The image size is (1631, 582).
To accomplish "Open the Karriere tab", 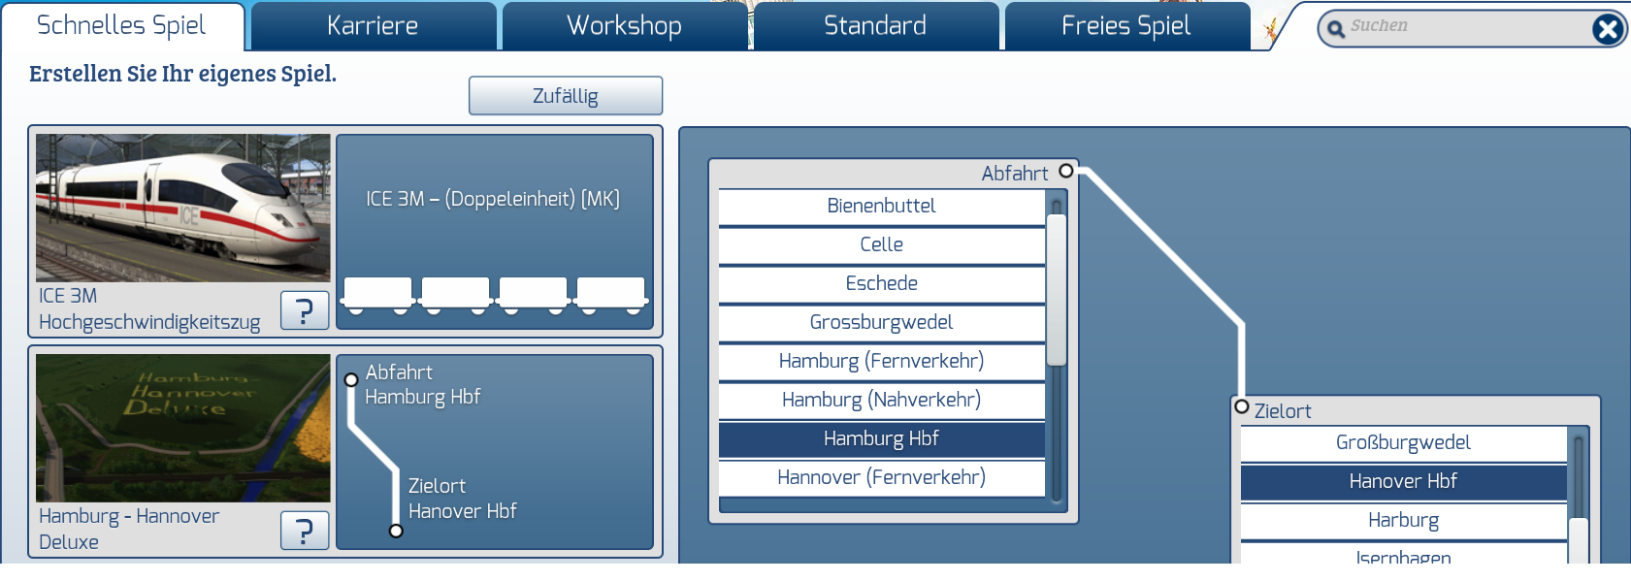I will click(373, 26).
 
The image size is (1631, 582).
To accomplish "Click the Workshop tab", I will click(624, 26).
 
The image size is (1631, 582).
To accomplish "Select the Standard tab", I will click(875, 26).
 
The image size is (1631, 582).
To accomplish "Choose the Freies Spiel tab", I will click(1125, 26).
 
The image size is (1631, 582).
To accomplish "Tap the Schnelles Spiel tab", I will click(121, 26).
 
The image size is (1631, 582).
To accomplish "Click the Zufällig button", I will click(566, 96).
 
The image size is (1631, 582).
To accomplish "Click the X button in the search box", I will click(1607, 29).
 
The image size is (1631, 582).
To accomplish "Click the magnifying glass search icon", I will click(1336, 29).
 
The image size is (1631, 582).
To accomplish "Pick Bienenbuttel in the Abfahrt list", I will click(881, 207).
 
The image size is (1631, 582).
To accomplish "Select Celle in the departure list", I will click(881, 245).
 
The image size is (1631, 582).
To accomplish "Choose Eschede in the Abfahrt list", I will click(881, 284).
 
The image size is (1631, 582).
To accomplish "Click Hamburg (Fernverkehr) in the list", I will click(881, 362).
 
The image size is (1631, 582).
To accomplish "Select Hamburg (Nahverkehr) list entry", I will click(881, 401).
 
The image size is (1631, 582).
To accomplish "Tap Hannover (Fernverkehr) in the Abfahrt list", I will click(881, 478).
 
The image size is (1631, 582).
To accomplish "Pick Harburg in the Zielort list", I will click(1403, 521).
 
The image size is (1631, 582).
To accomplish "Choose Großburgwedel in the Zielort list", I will click(1403, 443).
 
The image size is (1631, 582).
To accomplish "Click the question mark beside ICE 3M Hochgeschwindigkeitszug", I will click(304, 310).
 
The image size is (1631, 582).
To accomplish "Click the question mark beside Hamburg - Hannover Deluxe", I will click(304, 531).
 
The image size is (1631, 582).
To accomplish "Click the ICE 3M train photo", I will click(183, 208).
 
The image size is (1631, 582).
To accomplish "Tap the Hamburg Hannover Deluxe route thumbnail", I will click(183, 428).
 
